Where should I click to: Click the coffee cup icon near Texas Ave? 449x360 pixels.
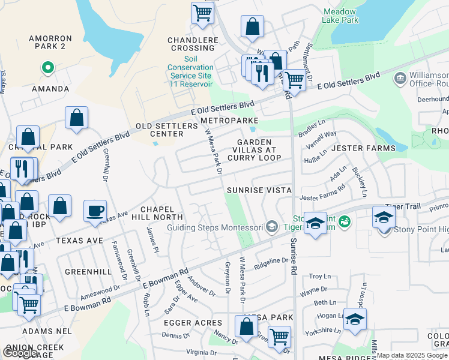95,211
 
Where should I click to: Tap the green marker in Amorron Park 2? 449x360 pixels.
47,68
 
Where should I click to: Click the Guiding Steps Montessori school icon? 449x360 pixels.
272,227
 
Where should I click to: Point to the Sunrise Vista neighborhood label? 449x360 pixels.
259,190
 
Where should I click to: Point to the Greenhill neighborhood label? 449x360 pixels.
88,272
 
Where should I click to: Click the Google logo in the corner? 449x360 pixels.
20,352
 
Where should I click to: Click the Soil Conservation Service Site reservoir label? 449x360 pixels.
190,71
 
